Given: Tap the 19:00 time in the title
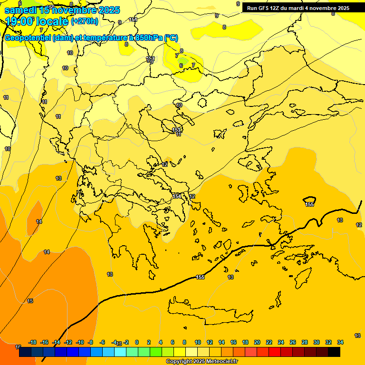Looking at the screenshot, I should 19,21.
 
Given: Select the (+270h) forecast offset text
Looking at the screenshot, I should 85,21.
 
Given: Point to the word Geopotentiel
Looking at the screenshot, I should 29,38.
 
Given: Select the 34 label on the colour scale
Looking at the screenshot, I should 340,342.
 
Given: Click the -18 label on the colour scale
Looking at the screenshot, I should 32,342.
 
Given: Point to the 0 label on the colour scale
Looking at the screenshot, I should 137,342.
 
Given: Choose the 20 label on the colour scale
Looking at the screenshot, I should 257,342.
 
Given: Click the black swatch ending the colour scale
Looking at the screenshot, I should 334,352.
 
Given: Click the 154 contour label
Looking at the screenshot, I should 176,196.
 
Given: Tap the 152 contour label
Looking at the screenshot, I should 151,59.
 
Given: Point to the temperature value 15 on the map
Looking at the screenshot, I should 30,301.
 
